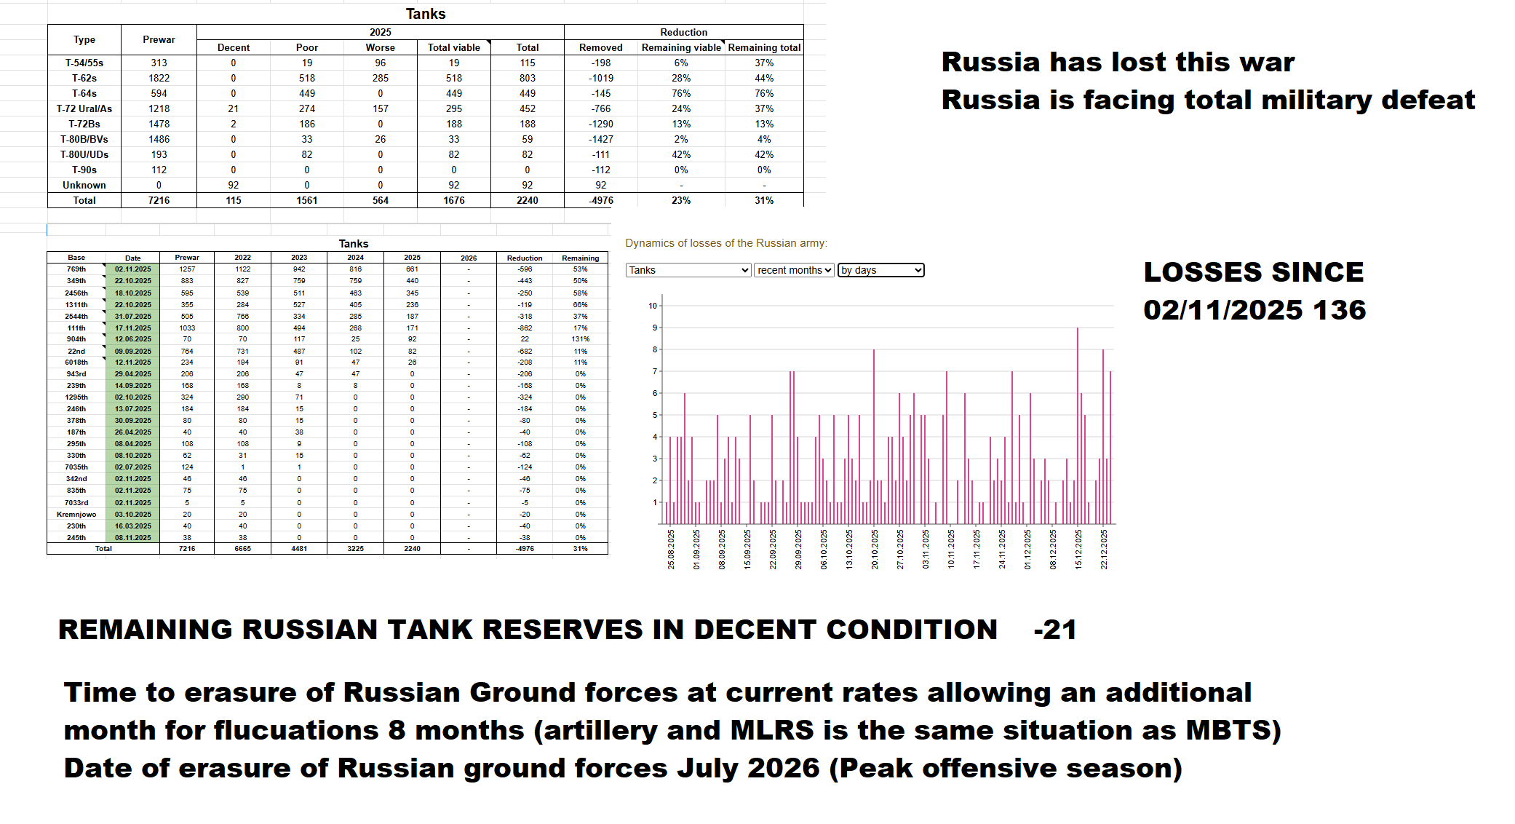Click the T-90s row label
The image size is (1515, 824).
coord(84,170)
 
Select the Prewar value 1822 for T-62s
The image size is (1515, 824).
coord(159,78)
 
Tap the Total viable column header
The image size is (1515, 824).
coord(453,47)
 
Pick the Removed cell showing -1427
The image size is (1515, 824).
coord(600,139)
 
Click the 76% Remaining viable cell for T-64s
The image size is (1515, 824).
coord(680,93)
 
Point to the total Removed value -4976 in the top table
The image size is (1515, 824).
coord(600,200)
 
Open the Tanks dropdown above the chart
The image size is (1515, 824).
coord(688,270)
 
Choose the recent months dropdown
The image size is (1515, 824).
coord(794,270)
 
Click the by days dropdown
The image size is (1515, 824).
coord(880,270)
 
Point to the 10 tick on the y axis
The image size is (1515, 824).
coord(653,306)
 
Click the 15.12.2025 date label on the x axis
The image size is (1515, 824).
coord(1078,549)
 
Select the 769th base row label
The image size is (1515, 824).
coord(76,269)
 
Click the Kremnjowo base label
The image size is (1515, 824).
coord(76,515)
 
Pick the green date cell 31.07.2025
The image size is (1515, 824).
coord(133,317)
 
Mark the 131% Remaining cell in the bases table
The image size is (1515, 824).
coord(580,339)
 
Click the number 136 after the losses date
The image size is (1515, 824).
coord(1339,310)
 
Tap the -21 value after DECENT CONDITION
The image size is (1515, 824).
coord(1054,630)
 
